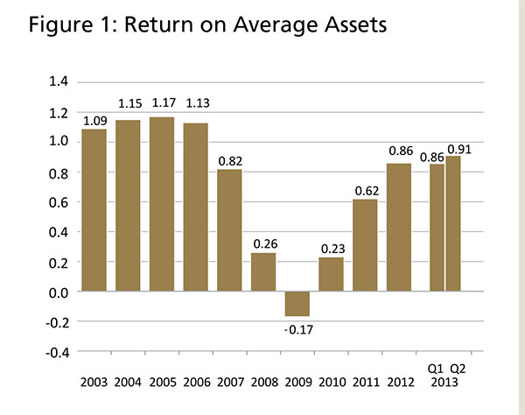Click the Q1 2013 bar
tap(436, 228)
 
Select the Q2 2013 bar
tap(453, 224)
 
